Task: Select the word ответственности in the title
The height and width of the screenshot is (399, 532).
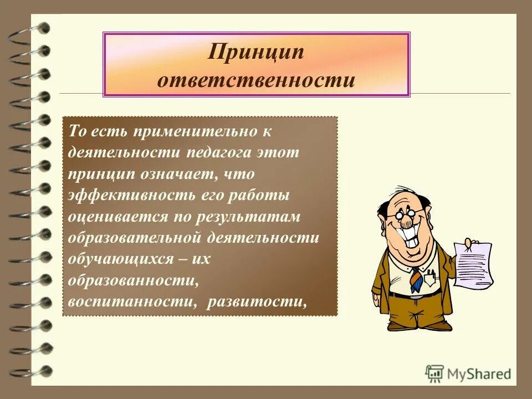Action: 256,80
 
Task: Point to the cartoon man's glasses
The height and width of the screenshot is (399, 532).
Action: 402,212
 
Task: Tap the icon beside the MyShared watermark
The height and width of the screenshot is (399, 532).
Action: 434,373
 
